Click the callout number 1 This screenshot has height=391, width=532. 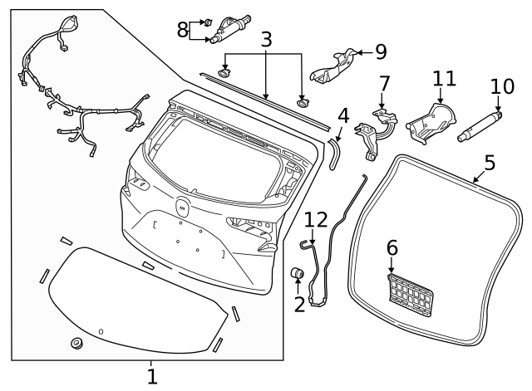pyautogui.click(x=151, y=377)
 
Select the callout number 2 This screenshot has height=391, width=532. pyautogui.click(x=299, y=304)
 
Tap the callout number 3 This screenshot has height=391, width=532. pyautogui.click(x=266, y=40)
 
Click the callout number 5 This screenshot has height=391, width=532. pyautogui.click(x=490, y=162)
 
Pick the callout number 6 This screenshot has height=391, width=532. pyautogui.click(x=392, y=247)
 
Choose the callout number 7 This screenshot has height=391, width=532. pyautogui.click(x=384, y=84)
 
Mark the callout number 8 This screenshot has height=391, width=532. pyautogui.click(x=183, y=30)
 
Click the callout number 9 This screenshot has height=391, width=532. pyautogui.click(x=381, y=51)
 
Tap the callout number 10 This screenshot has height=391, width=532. pyautogui.click(x=502, y=86)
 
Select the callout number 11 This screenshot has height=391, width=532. pyautogui.click(x=445, y=79)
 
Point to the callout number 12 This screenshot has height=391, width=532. pyautogui.click(x=316, y=221)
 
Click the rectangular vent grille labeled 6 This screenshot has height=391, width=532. pyautogui.click(x=411, y=295)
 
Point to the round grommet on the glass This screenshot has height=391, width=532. pyautogui.click(x=77, y=343)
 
